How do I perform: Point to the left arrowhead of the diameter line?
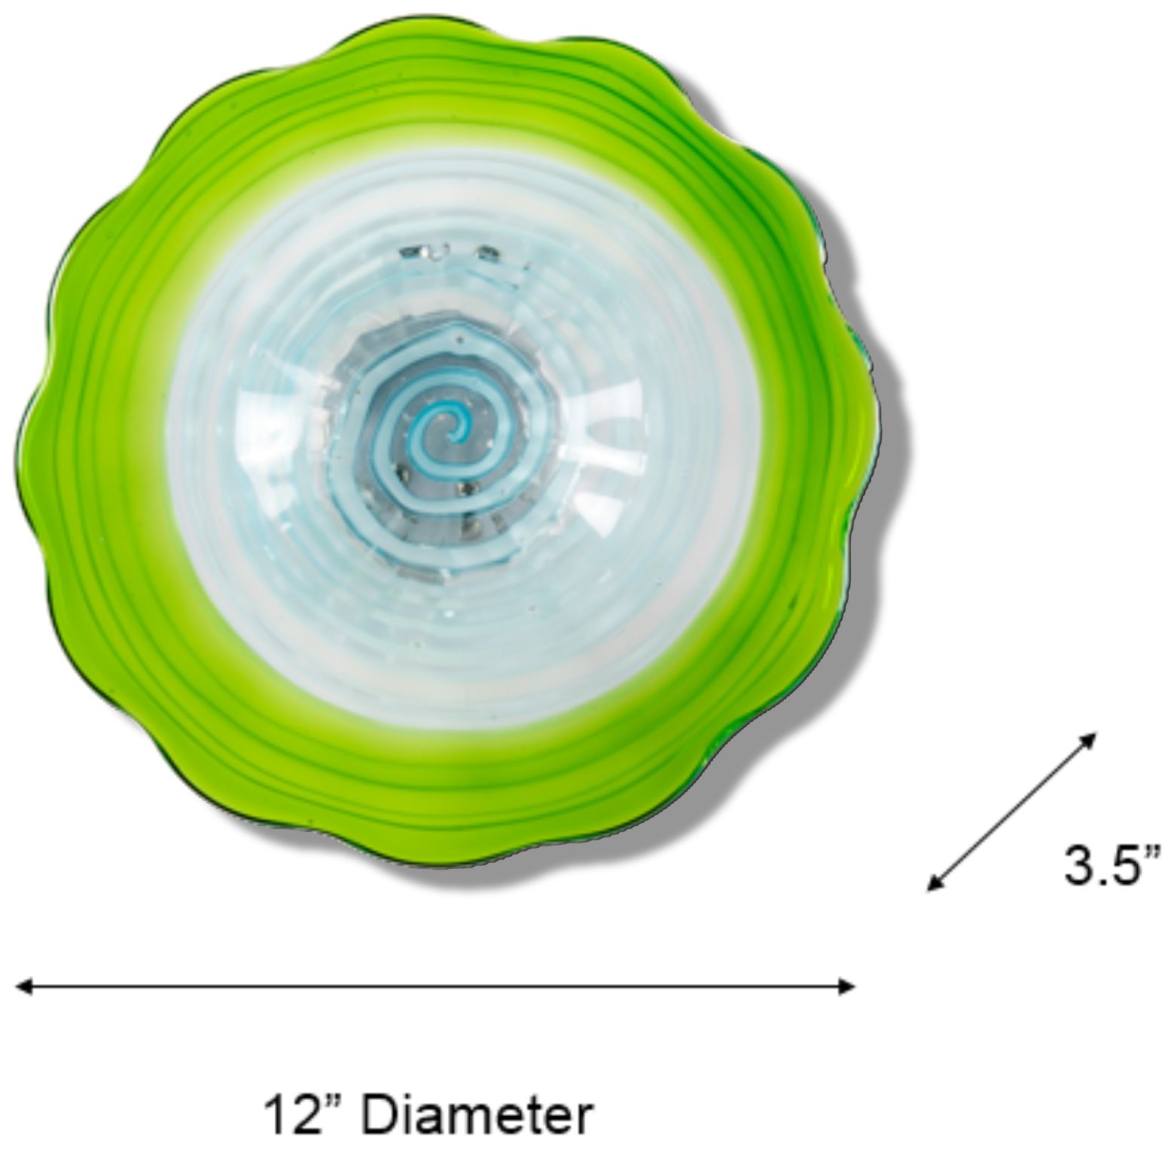point(24,986)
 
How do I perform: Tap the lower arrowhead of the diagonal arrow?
point(935,883)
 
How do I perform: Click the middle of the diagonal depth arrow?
point(1011,811)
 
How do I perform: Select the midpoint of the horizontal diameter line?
point(436,986)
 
